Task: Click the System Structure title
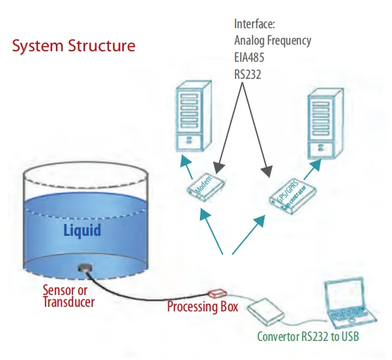[74, 46]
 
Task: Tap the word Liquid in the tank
[82, 230]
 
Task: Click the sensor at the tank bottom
[85, 268]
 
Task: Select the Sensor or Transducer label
[68, 296]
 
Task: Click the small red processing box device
[217, 294]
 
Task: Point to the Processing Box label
[203, 307]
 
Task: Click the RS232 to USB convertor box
[266, 312]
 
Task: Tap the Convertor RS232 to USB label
[308, 336]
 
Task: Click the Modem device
[207, 187]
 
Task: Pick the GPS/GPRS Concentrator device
[293, 196]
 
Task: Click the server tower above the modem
[194, 116]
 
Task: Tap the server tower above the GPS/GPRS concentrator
[326, 124]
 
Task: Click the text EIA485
[249, 57]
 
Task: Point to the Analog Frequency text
[273, 41]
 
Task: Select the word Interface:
[255, 24]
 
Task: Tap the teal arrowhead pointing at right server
[316, 165]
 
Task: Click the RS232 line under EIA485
[247, 74]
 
